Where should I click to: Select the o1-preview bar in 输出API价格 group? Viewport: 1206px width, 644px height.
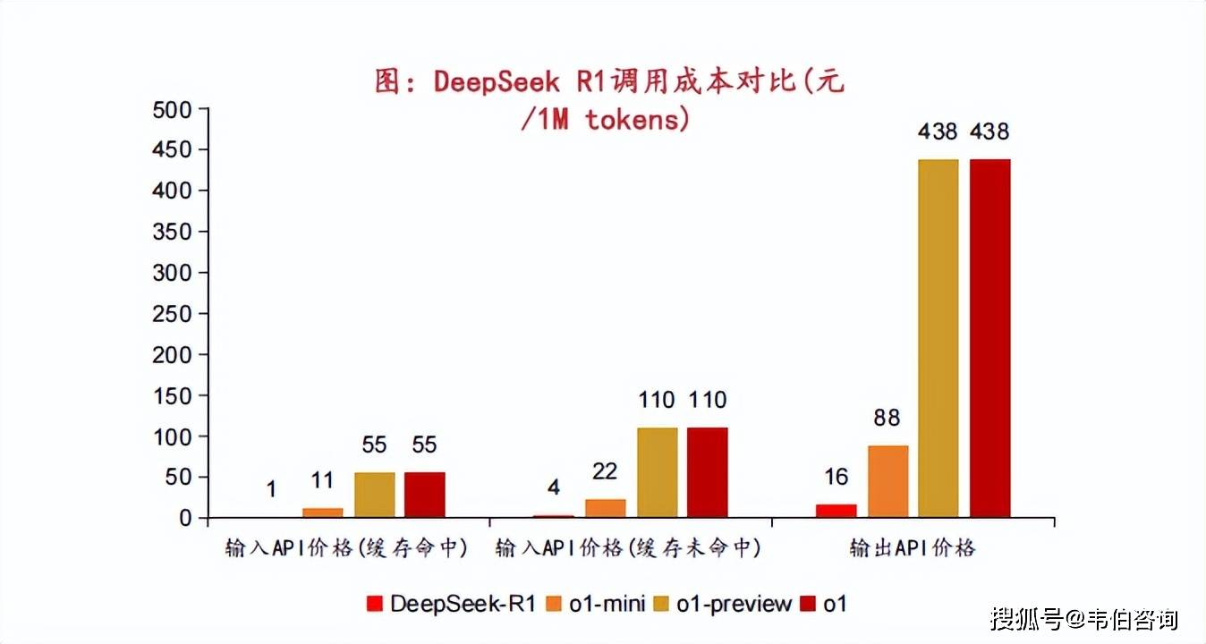[938, 338]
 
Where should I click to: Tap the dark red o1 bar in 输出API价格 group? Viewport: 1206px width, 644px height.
[989, 338]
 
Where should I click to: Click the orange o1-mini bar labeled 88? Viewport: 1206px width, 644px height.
[888, 481]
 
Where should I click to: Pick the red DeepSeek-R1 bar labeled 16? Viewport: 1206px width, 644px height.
[836, 511]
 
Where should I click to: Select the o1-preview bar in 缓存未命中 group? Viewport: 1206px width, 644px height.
[657, 472]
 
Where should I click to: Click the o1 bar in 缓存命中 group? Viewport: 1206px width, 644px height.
[424, 495]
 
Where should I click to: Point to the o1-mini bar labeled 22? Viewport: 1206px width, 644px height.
[606, 508]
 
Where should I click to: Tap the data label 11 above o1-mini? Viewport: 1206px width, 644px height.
[322, 481]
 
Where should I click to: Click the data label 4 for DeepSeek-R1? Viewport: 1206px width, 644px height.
[554, 488]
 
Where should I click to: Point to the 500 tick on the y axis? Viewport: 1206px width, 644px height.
[173, 109]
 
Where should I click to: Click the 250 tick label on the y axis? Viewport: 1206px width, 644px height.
[173, 313]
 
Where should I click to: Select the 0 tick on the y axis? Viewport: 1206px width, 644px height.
[185, 518]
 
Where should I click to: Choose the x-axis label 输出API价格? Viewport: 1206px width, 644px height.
[913, 548]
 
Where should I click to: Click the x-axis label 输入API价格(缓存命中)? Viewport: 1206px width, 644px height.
[347, 548]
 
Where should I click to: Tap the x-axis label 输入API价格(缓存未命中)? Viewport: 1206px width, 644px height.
[629, 548]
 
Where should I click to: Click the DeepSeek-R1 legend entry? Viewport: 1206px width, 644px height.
[452, 604]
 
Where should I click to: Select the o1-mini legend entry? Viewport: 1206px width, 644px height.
[596, 604]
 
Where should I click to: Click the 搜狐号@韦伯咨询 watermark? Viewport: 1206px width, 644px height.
[1083, 618]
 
